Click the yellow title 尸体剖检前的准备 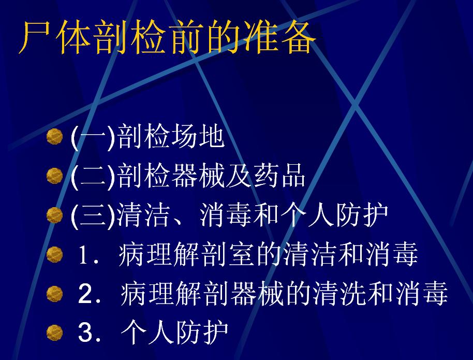(167, 38)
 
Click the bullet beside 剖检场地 (55, 136)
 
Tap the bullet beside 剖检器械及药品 (55, 176)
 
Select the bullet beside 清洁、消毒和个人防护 (55, 215)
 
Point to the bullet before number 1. (55, 254)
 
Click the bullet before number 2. (55, 294)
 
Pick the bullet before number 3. (55, 333)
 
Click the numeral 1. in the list (88, 255)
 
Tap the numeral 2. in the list (89, 294)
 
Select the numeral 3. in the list (89, 333)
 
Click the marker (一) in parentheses (93, 138)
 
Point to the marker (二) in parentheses (93, 177)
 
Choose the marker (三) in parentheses (93, 216)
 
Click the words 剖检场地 (171, 137)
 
